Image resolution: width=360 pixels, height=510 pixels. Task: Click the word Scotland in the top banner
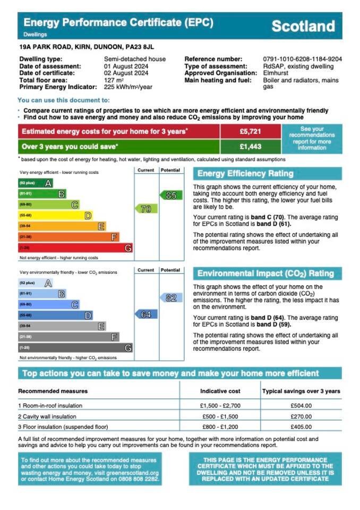303,26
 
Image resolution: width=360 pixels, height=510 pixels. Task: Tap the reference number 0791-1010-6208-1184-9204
302,59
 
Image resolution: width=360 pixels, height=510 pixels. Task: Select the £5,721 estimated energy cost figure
250,131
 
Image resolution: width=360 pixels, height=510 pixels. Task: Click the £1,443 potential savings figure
250,147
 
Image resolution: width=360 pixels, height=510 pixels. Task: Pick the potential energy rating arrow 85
170,195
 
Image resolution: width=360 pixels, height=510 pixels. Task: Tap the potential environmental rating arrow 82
170,298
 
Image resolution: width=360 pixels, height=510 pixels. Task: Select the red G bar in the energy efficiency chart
75,248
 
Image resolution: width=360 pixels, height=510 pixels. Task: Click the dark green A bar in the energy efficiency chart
35,183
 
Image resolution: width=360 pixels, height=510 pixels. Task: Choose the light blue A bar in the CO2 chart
35,283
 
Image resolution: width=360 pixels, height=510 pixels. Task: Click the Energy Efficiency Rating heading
245,174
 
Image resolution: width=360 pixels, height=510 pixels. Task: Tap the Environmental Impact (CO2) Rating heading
265,274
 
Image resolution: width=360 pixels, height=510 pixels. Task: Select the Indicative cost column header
220,391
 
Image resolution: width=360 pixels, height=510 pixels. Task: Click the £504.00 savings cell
301,405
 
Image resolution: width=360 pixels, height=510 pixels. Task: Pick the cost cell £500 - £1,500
220,416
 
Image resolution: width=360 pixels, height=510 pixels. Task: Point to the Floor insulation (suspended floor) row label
63,427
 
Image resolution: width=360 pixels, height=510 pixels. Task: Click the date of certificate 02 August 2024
125,73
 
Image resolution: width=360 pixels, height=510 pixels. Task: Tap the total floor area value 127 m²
113,80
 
